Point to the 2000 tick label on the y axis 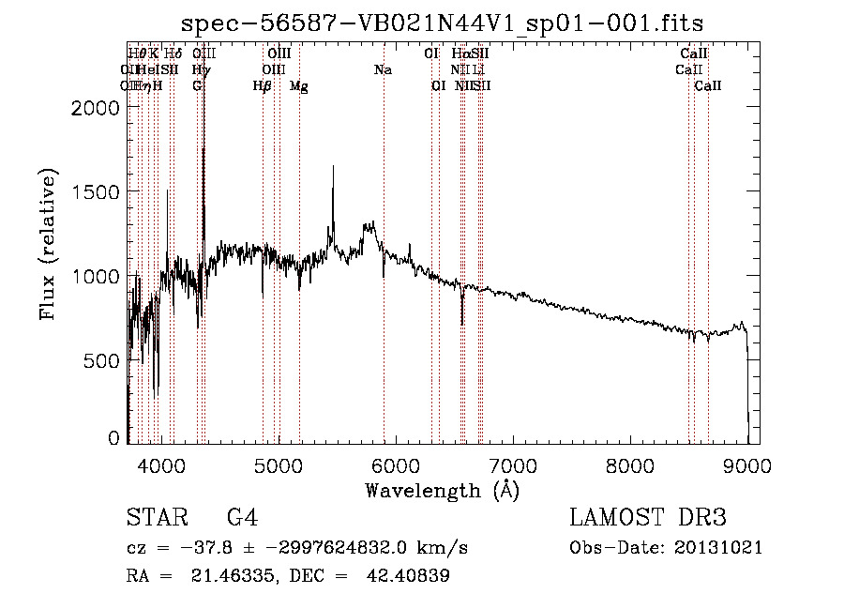[95, 107]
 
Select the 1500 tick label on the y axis [95, 191]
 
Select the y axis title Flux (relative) [47, 244]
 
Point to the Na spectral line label [383, 70]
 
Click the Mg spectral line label [299, 86]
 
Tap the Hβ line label [263, 86]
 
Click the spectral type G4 [242, 519]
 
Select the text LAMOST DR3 [648, 519]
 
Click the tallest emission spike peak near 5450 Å [332, 167]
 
